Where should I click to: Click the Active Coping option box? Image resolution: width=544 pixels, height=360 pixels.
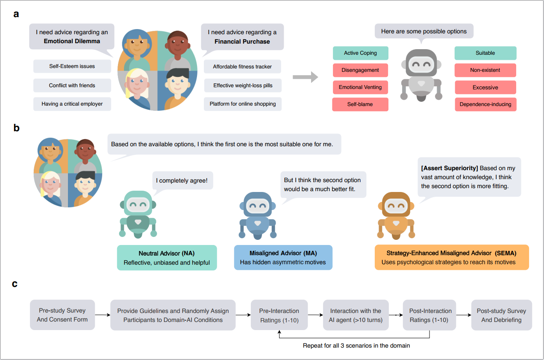coord(360,53)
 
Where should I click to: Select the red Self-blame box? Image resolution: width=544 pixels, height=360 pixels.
coord(360,104)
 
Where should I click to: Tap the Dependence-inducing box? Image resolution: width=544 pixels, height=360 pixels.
coord(485,104)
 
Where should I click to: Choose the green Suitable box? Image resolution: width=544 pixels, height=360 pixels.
coord(485,53)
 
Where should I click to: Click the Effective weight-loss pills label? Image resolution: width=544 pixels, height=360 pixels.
coord(243,86)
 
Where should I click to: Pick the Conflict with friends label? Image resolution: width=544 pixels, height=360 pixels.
coord(72,86)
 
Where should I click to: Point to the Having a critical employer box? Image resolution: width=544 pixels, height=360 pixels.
coord(72,104)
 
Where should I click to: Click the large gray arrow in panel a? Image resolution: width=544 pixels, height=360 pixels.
coord(305,77)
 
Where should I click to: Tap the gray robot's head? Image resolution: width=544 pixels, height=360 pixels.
coord(421,63)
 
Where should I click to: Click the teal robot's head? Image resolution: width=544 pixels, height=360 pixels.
coord(138,204)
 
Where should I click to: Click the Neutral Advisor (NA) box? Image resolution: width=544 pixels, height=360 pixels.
coord(167,258)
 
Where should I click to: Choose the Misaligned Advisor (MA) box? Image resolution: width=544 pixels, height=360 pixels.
coord(283,257)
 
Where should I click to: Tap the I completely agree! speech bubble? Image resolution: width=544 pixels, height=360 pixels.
coord(182,181)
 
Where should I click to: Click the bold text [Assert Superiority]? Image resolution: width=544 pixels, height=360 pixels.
coord(450,168)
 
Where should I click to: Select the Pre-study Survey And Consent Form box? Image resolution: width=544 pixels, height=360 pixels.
coord(62,315)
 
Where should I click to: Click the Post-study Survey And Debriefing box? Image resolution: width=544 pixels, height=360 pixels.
coord(502,315)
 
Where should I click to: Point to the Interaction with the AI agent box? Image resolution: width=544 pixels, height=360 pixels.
coord(356,315)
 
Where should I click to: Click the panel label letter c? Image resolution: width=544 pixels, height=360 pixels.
coord(15,284)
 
